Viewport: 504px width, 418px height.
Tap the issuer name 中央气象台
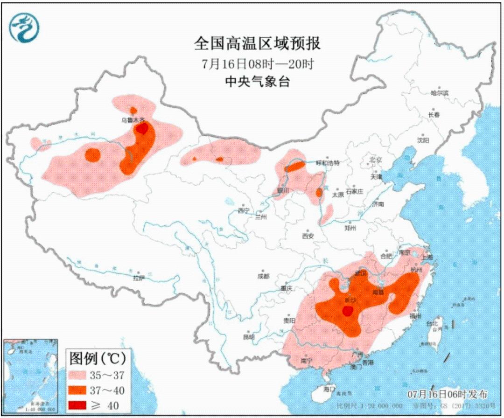pos(257,82)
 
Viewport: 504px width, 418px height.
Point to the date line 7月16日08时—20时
pos(258,63)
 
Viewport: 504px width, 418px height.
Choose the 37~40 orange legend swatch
pos(81,390)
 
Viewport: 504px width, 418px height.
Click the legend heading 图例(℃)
pos(97,358)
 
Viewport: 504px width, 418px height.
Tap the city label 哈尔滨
pos(439,93)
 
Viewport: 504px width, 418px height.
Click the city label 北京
pos(376,160)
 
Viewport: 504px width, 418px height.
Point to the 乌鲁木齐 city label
pos(133,120)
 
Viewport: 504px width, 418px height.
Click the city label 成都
pos(263,276)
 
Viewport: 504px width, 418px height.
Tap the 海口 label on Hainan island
pos(329,389)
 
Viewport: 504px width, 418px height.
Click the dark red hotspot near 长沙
pos(348,311)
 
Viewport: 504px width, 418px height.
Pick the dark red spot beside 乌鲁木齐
pos(143,128)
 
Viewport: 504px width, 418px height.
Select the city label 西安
pos(308,236)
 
